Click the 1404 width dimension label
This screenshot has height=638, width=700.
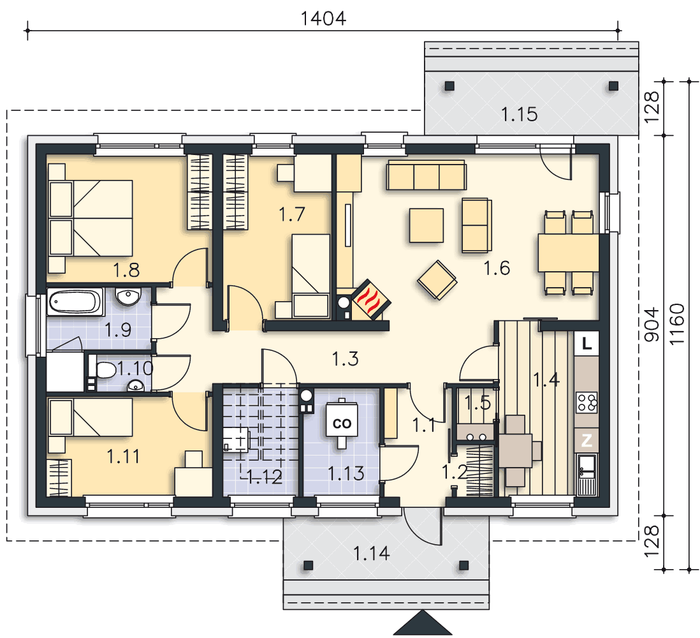323,19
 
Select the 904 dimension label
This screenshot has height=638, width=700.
651,325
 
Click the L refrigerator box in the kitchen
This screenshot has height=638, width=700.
587,344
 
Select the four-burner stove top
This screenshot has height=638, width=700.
587,402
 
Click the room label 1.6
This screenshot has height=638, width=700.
497,269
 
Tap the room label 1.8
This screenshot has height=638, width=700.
126,271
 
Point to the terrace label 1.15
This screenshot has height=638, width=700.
519,115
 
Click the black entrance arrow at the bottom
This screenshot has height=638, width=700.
421,625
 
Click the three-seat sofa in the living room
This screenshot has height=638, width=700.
425,175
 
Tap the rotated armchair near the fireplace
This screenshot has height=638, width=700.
437,279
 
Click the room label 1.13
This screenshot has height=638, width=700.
346,473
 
